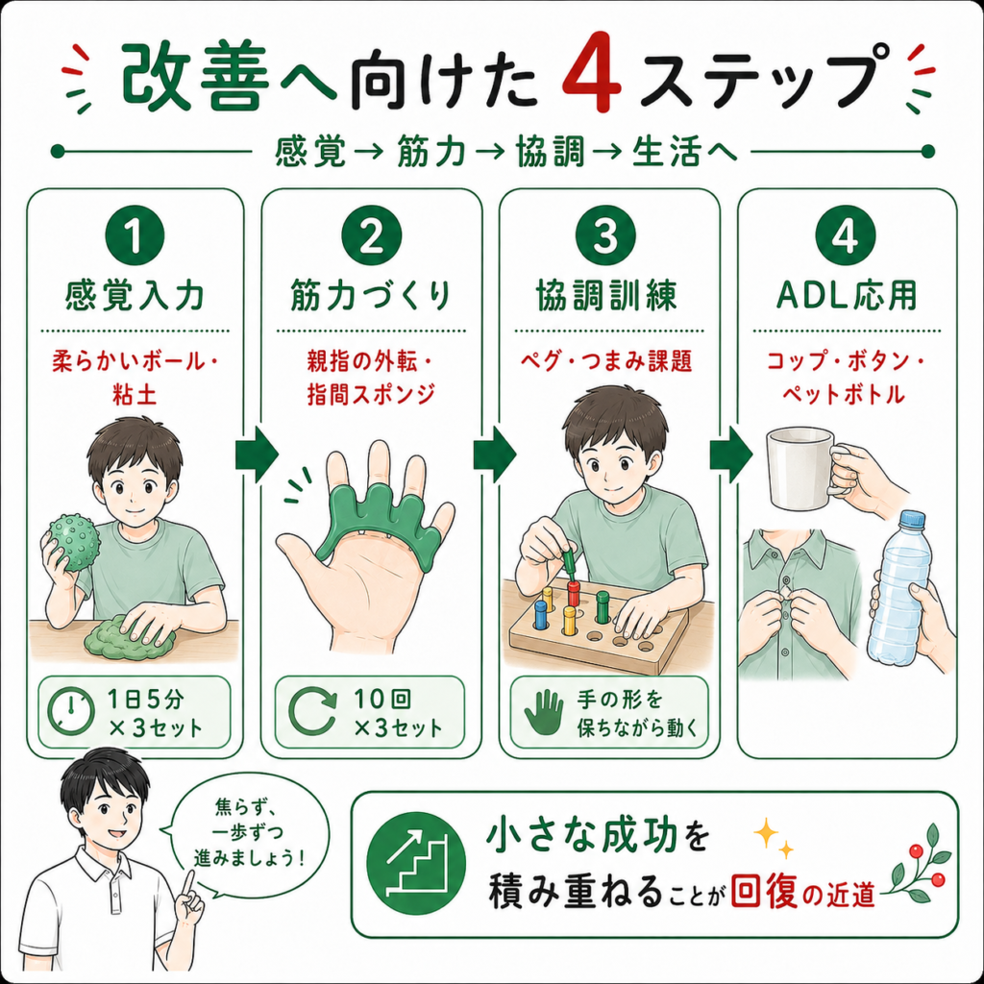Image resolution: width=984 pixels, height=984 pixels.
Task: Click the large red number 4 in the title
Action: (x=591, y=79)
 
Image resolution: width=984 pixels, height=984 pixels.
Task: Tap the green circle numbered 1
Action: (x=135, y=236)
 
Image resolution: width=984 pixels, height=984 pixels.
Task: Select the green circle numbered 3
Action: (x=605, y=236)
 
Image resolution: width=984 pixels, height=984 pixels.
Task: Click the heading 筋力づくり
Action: (x=371, y=295)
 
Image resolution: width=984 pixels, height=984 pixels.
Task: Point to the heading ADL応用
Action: (x=847, y=295)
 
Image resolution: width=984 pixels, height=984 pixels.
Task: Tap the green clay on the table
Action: (x=129, y=639)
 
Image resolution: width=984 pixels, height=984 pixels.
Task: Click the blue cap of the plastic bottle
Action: (x=914, y=519)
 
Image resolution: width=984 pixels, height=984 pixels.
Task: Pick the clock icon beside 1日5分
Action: (x=71, y=712)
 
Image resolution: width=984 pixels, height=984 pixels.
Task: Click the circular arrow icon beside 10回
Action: (x=313, y=712)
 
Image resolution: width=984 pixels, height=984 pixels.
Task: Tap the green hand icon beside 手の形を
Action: (x=544, y=712)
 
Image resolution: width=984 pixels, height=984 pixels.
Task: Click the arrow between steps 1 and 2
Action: (x=257, y=455)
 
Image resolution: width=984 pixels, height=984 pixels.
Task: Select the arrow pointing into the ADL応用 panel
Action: (x=731, y=455)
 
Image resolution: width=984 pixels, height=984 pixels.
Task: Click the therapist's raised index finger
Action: (x=188, y=883)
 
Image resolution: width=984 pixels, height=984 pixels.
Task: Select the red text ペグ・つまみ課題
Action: (x=606, y=361)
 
